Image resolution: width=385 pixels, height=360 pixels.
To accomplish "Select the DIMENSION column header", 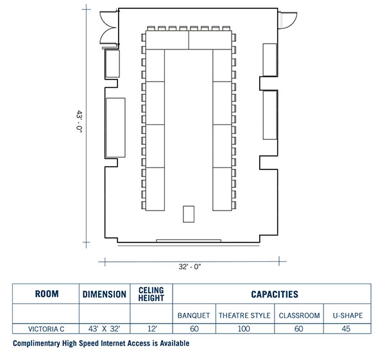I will tap(104, 295).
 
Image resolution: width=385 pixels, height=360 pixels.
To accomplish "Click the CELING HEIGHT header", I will tap(151, 295).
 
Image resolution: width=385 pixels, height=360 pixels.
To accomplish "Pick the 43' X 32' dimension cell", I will tap(104, 329).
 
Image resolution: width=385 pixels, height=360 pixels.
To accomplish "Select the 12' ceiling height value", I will tap(151, 329).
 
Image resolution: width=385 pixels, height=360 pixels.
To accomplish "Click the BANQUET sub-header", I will tap(194, 315).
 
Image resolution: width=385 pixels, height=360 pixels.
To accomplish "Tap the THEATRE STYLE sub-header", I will tap(244, 315).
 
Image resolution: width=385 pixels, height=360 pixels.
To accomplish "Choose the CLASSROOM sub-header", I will tap(299, 315).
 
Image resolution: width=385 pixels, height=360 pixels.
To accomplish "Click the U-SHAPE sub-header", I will tap(347, 315).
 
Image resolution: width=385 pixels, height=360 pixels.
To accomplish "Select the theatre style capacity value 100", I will tap(244, 329).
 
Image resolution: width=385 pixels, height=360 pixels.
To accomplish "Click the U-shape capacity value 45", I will tap(347, 329).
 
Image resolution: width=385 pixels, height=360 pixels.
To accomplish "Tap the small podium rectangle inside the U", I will tap(189, 214).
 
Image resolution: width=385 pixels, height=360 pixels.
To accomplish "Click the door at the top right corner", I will tap(286, 20).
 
